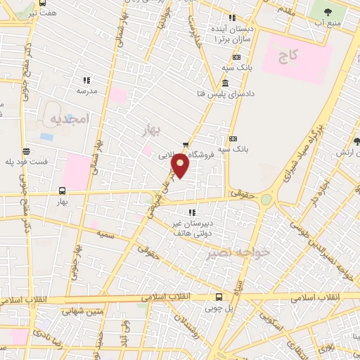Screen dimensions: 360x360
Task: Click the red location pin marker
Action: (x=181, y=166)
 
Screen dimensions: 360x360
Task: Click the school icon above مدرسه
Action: (x=86, y=80)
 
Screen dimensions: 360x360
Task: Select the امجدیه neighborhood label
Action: (x=72, y=120)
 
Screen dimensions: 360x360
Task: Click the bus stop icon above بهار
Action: (x=62, y=190)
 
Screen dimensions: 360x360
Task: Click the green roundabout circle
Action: (x=266, y=200)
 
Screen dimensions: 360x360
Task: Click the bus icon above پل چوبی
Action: (x=219, y=297)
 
